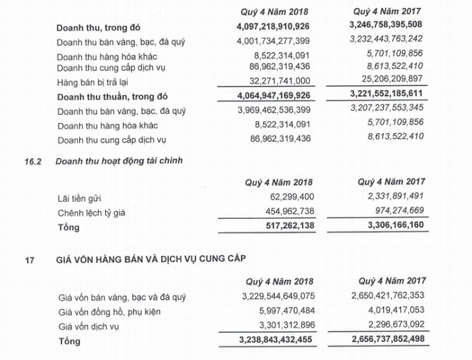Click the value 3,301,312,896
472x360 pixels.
point(285,325)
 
